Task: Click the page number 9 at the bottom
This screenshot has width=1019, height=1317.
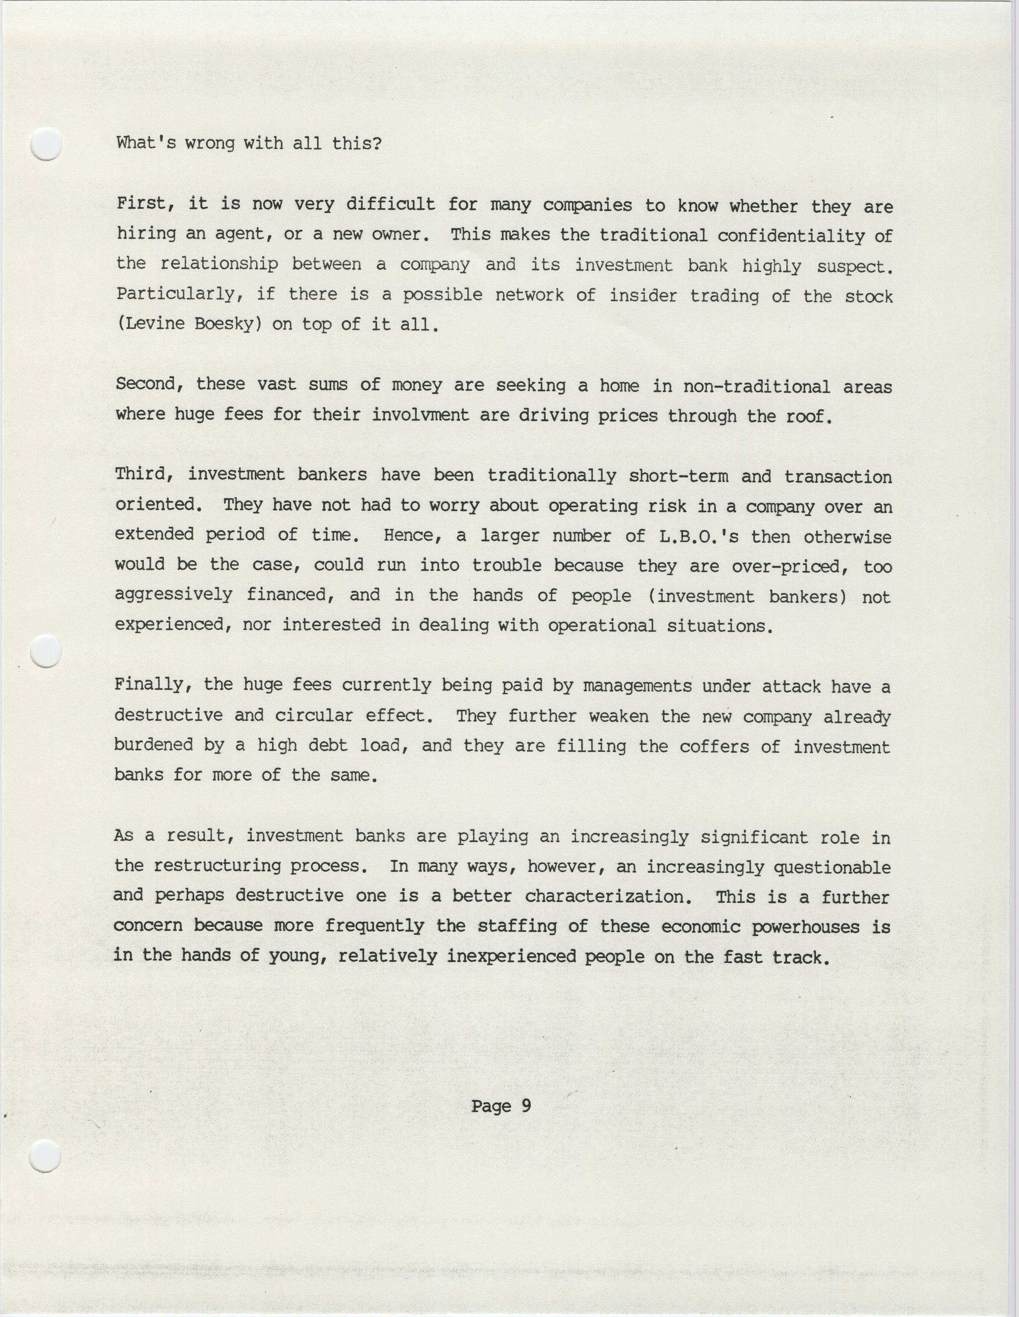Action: point(526,1106)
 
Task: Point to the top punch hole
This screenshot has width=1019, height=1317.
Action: point(46,144)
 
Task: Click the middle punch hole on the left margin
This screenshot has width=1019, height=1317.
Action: point(46,652)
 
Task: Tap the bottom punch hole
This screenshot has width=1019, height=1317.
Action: point(46,1156)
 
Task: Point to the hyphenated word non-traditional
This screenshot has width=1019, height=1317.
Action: point(756,386)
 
